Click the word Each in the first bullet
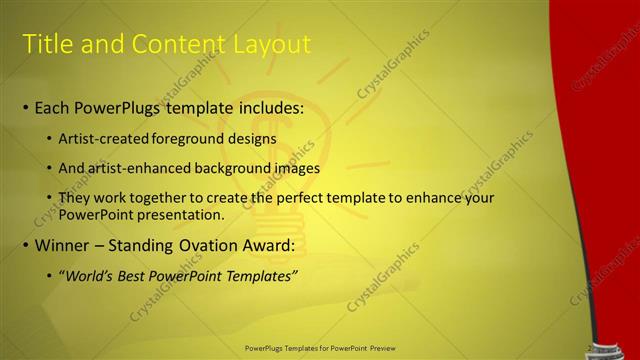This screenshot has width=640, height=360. (53, 107)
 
